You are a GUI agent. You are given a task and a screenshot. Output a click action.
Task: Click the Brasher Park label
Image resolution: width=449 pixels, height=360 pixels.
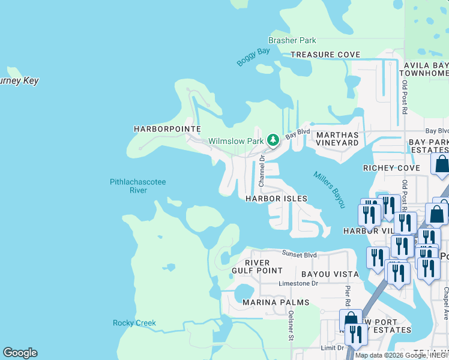292,41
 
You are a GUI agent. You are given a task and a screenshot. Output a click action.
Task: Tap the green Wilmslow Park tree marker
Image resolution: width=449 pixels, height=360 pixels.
273,140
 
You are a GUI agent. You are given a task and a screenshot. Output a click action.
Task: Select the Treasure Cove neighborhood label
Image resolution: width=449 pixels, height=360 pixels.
325,55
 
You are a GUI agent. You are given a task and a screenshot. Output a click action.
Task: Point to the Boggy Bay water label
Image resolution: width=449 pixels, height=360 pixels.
253,57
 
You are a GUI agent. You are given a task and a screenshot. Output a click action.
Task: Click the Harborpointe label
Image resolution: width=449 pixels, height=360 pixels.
166,129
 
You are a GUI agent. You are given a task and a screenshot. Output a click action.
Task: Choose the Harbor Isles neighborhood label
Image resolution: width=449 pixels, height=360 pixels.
277,199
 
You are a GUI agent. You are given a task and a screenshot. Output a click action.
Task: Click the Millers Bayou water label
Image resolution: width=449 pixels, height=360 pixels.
330,190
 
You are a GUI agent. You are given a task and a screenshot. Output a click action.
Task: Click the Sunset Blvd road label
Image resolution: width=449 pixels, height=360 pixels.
300,254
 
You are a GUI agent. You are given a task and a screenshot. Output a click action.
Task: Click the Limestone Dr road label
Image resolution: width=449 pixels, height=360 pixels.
298,283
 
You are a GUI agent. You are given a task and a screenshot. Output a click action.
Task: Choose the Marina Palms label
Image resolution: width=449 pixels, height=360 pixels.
276,302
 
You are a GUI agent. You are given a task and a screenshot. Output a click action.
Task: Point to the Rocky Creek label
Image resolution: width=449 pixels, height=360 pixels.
134,323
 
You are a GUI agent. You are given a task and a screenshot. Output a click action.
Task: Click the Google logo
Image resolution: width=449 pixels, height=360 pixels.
20,353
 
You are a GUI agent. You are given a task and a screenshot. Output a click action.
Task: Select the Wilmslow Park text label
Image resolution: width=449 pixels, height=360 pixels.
236,142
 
